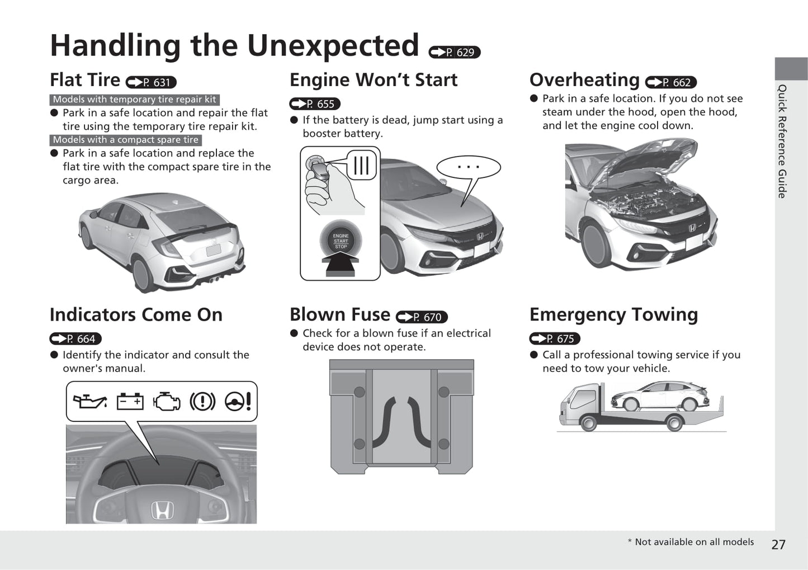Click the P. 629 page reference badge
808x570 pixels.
(x=454, y=52)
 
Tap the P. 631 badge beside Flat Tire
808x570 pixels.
(x=151, y=82)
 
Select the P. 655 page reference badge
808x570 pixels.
(x=315, y=104)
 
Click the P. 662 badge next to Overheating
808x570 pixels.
(x=670, y=82)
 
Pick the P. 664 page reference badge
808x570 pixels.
(x=75, y=339)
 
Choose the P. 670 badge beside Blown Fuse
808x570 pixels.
(x=422, y=317)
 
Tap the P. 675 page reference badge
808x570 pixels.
(x=555, y=339)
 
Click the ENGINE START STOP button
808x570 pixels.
(x=341, y=241)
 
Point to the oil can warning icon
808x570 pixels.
(x=89, y=402)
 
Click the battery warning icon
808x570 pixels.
(x=130, y=402)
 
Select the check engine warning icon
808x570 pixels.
(x=167, y=402)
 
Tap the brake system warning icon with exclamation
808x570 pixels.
(x=202, y=402)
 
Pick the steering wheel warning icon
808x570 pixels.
(x=238, y=402)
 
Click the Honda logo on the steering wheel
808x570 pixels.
(x=162, y=510)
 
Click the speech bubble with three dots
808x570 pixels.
(x=468, y=167)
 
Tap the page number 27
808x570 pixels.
(x=778, y=544)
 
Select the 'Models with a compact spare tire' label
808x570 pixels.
(x=126, y=140)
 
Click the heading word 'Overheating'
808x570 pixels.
(x=584, y=80)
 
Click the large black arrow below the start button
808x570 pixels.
(x=340, y=264)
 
